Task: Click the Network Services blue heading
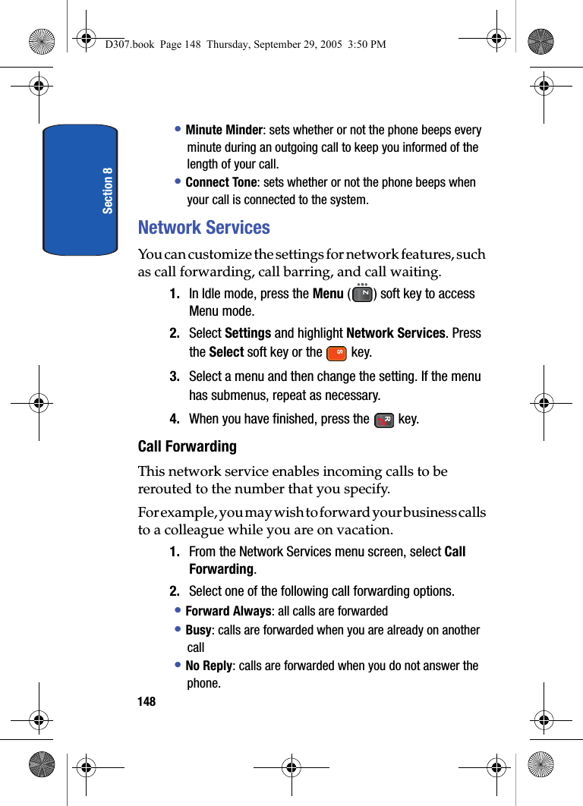[x=203, y=228]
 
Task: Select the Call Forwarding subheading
[x=187, y=446]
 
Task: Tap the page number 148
[x=147, y=701]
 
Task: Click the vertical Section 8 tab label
[x=108, y=190]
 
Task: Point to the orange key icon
[x=336, y=353]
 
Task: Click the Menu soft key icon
[x=363, y=294]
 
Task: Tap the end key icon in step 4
[x=384, y=420]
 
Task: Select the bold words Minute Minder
[x=224, y=131]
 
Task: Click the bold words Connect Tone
[x=221, y=183]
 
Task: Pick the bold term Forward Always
[x=228, y=611]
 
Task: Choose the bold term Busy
[x=198, y=630]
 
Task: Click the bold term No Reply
[x=209, y=666]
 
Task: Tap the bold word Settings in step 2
[x=248, y=333]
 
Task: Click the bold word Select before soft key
[x=226, y=352]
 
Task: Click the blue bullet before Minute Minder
[x=178, y=130]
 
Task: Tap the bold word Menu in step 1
[x=328, y=294]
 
